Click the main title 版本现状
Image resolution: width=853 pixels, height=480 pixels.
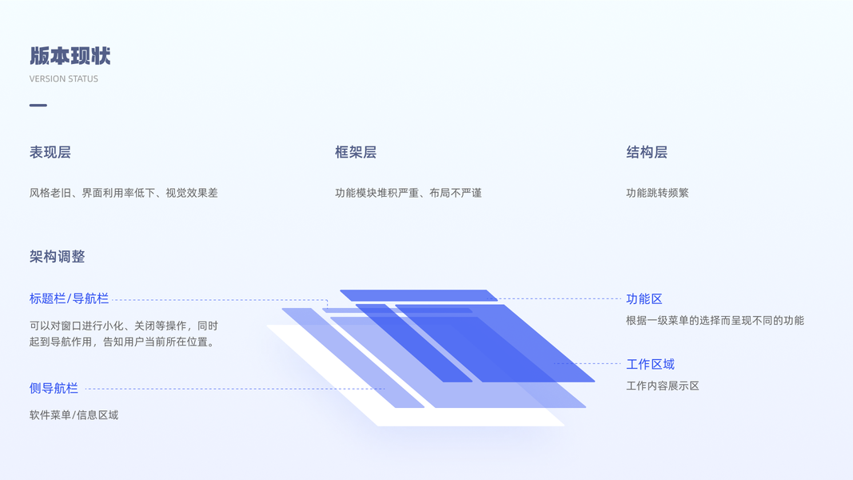[x=70, y=56]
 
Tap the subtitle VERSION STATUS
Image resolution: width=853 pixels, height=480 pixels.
[x=64, y=79]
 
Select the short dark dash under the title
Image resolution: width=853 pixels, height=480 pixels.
[x=38, y=105]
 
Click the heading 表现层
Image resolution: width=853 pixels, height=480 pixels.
[x=50, y=152]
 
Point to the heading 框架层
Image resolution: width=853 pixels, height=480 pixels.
[x=356, y=152]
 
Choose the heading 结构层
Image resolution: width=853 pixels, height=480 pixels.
[x=647, y=152]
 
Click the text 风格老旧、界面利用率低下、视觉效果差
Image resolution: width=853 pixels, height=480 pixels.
[x=124, y=193]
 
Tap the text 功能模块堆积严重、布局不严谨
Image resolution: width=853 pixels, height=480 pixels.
[x=409, y=193]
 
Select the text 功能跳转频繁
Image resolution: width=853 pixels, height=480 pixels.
[x=657, y=193]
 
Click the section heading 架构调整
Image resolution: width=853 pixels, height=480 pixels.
[x=57, y=257]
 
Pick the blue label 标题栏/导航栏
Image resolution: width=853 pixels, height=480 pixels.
[x=69, y=298]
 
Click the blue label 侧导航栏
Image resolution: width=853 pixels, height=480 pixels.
[x=54, y=388]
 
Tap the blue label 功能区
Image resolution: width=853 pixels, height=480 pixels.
[x=644, y=298]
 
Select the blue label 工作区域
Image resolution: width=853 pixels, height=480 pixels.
[x=650, y=364]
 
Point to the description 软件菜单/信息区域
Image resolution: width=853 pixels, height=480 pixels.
[x=74, y=415]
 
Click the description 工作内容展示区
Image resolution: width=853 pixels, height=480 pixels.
[x=663, y=386]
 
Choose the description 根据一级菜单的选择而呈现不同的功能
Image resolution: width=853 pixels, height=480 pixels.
[x=715, y=321]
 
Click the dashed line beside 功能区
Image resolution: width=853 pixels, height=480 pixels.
[x=560, y=299]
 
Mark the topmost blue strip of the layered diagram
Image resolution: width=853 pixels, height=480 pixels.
[x=418, y=295]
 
